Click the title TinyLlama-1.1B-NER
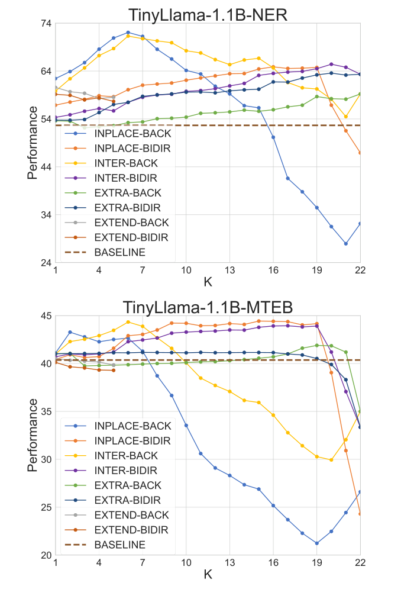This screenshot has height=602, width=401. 208,14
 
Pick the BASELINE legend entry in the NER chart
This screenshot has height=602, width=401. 119,252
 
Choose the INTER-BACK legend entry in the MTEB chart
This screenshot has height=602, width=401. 126,456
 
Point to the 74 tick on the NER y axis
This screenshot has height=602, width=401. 45,24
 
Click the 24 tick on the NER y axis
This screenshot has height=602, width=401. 45,263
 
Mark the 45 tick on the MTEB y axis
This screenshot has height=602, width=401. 45,315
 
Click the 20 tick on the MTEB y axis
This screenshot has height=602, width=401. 45,555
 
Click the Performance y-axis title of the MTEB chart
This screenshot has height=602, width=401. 34,435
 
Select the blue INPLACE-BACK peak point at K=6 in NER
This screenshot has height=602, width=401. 128,33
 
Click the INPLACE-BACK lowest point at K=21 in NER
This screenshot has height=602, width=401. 346,243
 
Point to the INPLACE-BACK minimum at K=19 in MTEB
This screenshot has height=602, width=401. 317,543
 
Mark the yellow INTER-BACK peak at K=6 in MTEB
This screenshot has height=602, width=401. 128,322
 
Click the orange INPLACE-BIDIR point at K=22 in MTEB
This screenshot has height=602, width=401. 360,514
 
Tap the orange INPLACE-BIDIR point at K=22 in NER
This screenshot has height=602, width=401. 360,153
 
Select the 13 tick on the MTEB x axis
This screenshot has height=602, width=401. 229,563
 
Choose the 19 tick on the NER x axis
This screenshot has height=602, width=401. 317,271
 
